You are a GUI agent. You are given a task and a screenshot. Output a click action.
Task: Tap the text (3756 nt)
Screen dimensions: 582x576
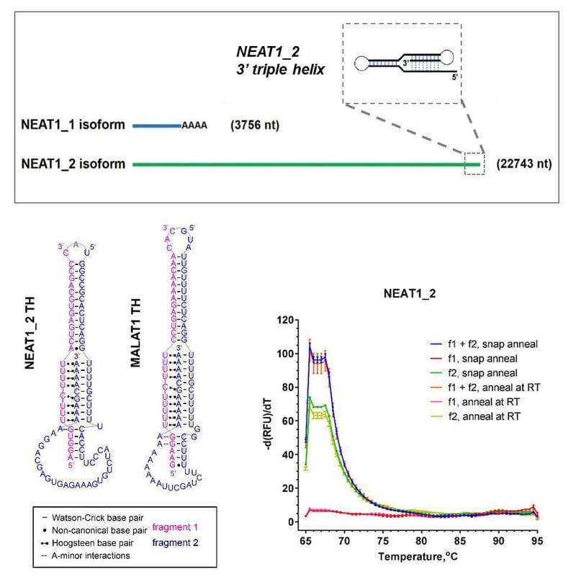pyautogui.click(x=254, y=126)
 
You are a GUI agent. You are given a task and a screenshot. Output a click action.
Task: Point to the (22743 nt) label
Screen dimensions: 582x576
pyautogui.click(x=524, y=164)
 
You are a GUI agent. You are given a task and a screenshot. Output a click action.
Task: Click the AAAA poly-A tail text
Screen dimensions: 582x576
pyautogui.click(x=194, y=126)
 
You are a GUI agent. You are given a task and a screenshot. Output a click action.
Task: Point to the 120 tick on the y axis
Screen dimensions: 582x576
pyautogui.click(x=289, y=320)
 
